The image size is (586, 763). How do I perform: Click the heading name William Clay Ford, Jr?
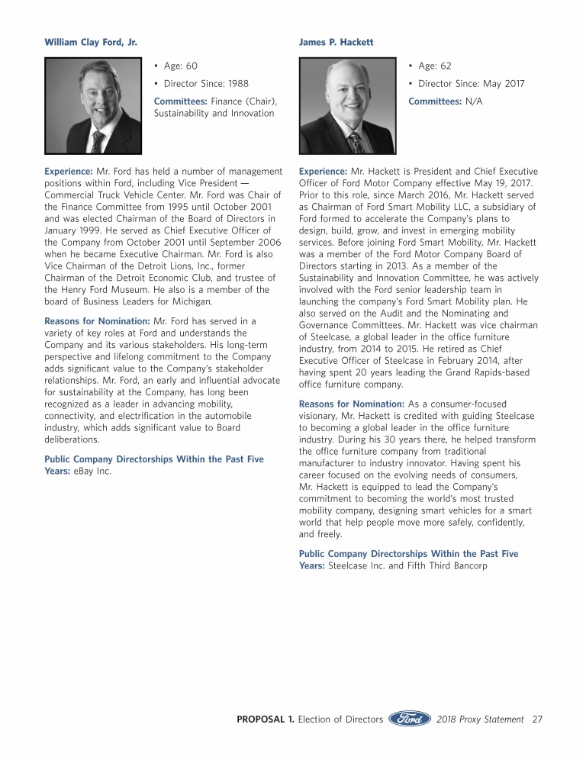tap(91, 42)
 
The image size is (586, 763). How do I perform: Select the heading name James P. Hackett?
tap(336, 42)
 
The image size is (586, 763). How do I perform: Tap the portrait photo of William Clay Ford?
tap(94, 106)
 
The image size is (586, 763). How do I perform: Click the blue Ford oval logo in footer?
tap(411, 719)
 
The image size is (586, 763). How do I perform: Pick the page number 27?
tap(537, 719)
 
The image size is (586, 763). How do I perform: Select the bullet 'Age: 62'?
tap(435, 66)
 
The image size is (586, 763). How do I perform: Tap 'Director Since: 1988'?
tap(206, 84)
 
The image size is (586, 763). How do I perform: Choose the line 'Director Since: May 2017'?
tap(471, 84)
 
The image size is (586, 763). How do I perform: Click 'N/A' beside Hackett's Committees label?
tap(474, 101)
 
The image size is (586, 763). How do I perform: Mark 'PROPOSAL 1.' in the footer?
tap(265, 719)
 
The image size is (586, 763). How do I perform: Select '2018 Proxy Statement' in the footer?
tap(479, 719)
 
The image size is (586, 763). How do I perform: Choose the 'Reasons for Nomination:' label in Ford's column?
tap(97, 321)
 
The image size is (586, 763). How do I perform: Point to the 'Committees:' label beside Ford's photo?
tap(180, 101)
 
